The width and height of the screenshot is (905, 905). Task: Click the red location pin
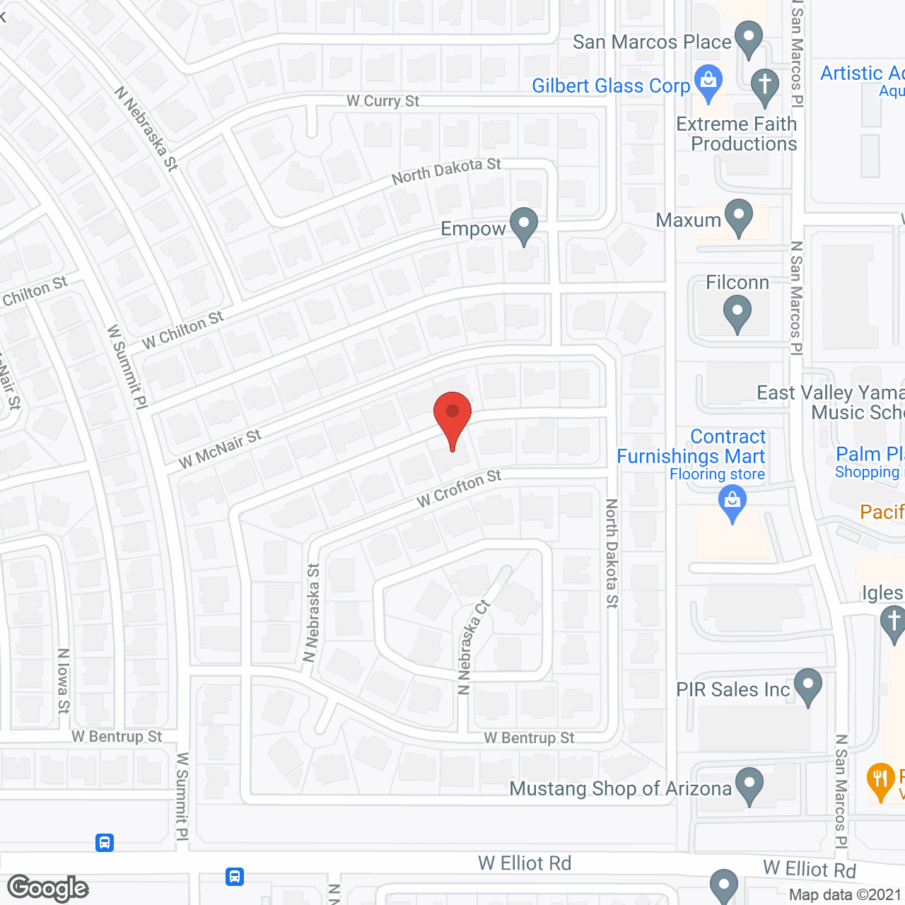(x=452, y=417)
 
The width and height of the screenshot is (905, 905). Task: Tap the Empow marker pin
(x=524, y=226)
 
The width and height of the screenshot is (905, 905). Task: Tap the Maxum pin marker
(x=739, y=218)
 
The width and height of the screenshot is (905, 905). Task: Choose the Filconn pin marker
(x=737, y=314)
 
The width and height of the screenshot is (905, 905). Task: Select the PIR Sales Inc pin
(x=808, y=687)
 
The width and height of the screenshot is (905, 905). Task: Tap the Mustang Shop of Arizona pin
(x=749, y=786)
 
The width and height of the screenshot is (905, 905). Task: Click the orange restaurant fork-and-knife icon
(x=880, y=781)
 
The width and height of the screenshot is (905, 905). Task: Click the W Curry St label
(x=383, y=101)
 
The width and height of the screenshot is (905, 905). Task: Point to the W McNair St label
(x=220, y=448)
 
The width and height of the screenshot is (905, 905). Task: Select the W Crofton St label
(x=459, y=489)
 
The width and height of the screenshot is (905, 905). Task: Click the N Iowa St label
(x=64, y=680)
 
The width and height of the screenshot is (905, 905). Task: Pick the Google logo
(x=48, y=888)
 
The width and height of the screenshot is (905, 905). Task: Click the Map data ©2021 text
(x=845, y=895)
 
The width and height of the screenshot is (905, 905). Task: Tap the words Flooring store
(x=717, y=474)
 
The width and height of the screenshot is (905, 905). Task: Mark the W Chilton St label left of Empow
(x=182, y=330)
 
